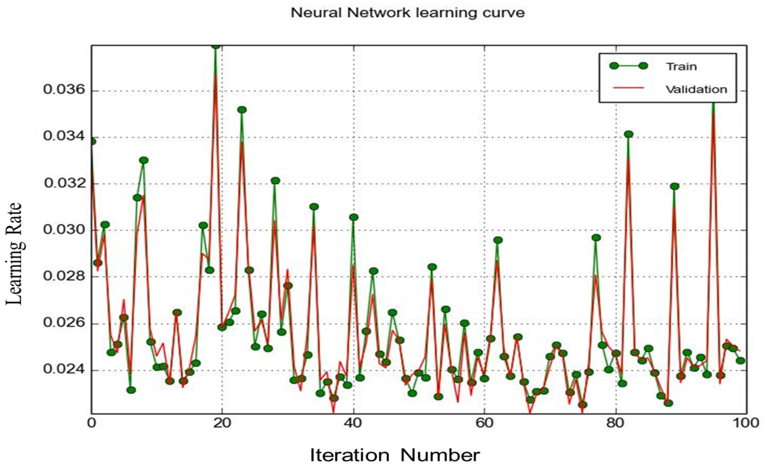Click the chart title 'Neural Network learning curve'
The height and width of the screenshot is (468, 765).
(407, 13)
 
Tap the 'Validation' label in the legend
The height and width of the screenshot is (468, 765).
(696, 89)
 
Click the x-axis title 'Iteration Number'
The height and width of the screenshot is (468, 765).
(395, 455)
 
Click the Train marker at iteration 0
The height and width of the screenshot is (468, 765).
(92, 141)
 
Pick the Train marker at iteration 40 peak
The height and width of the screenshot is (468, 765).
(354, 217)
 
